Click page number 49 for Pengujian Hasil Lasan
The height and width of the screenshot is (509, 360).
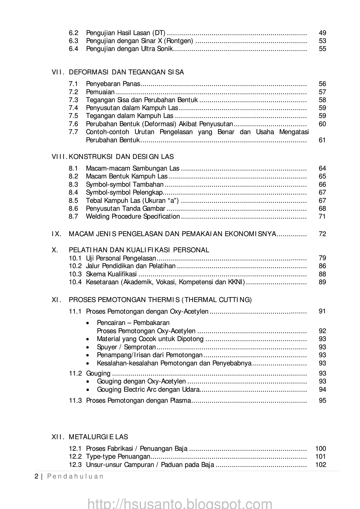pos(322,33)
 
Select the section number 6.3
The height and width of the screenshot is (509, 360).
pos(73,41)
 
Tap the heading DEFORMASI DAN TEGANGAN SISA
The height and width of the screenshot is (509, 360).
pos(126,72)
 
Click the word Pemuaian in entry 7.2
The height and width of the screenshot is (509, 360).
pos(100,92)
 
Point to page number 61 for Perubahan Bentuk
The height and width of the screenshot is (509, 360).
pos(322,140)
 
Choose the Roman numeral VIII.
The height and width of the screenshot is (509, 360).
pos(60,157)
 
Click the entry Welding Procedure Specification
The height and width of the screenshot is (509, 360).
pos(133,217)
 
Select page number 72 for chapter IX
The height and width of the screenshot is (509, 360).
pos(322,234)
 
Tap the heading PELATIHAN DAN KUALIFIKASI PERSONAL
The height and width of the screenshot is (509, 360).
pos(139,250)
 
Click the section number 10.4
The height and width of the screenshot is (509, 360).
pos(75,282)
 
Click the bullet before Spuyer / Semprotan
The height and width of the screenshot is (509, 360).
pos(89,347)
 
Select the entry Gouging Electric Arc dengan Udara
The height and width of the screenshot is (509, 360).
pos(148,389)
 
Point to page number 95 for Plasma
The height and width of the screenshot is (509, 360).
pos(322,400)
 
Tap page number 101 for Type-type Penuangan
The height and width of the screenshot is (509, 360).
pos(320,456)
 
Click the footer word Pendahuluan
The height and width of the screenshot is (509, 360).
pos(75,476)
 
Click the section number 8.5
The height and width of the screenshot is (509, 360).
pos(73,200)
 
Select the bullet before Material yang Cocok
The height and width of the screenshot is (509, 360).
pos(89,339)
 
